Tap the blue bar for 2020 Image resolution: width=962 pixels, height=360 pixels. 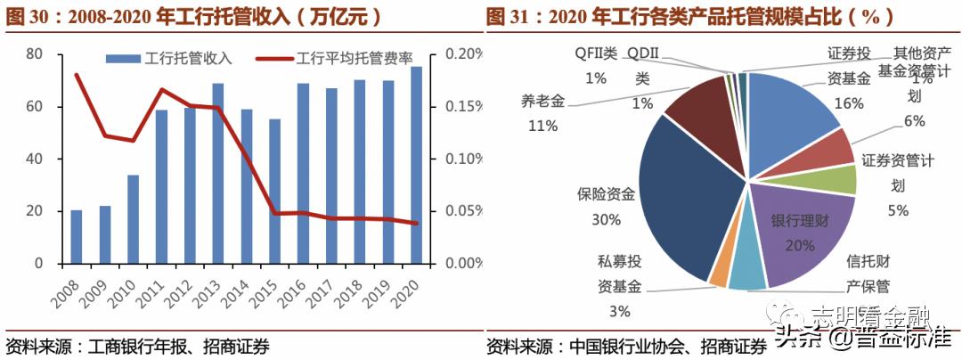(416, 166)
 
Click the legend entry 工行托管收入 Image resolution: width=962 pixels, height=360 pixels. (168, 59)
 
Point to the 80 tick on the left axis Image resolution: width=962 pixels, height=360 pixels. (34, 54)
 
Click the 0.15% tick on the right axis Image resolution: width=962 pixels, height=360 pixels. (463, 107)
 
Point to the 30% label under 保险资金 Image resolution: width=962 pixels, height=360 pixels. (605, 218)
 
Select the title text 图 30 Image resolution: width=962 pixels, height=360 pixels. (27, 16)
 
